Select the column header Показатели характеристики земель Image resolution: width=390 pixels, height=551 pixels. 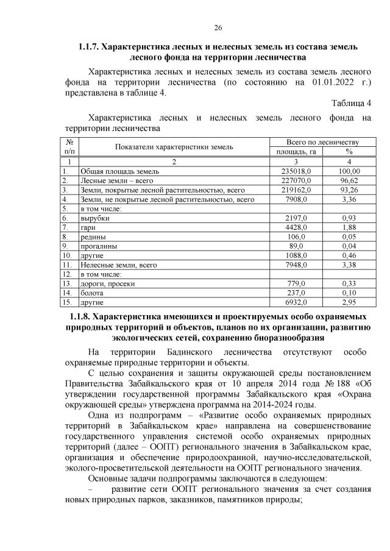click(174, 146)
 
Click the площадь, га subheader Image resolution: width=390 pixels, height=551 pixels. click(296, 151)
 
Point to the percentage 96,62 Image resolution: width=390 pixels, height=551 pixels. click(349, 180)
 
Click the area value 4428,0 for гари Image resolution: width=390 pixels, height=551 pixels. click(299, 226)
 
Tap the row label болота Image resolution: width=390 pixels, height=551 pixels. click(92, 293)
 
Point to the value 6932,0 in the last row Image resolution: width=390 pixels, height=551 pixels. click(299, 302)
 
